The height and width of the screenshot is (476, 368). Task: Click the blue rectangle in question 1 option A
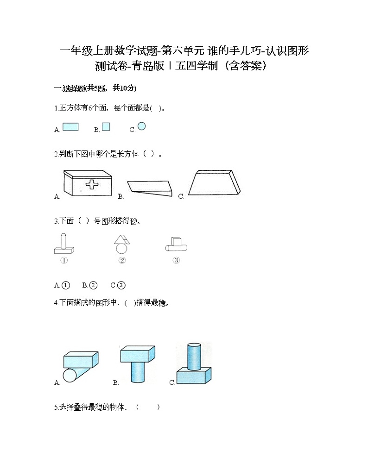click(x=70, y=127)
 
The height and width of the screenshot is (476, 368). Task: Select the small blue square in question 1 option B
click(x=106, y=127)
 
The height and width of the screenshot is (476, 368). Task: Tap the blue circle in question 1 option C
click(x=141, y=126)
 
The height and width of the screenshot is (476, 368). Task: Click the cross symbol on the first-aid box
click(x=92, y=184)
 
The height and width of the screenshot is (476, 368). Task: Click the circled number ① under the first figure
click(x=64, y=260)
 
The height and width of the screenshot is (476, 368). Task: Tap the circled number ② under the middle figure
click(x=122, y=260)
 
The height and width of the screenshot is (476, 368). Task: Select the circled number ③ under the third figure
click(x=176, y=260)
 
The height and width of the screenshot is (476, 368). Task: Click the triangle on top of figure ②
click(x=122, y=239)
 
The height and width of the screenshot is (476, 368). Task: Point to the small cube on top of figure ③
click(x=176, y=241)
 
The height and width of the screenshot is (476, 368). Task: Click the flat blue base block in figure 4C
click(x=193, y=376)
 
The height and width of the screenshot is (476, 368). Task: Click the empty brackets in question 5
click(x=148, y=407)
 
